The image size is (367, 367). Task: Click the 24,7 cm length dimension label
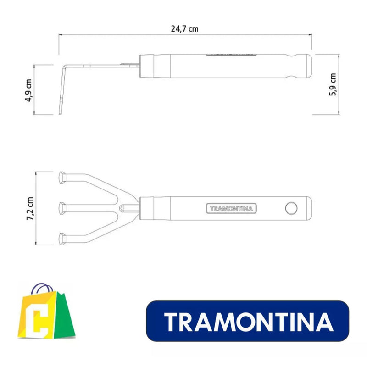(184, 28)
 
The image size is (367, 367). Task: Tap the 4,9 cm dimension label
(29, 90)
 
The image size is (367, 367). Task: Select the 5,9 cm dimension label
(333, 85)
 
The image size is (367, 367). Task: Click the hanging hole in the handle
(291, 208)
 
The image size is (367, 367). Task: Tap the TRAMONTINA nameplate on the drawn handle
(231, 208)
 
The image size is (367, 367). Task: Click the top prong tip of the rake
(63, 176)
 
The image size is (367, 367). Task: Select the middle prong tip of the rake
(63, 208)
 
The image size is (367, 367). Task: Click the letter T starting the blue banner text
(171, 323)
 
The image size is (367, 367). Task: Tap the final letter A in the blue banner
(324, 323)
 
